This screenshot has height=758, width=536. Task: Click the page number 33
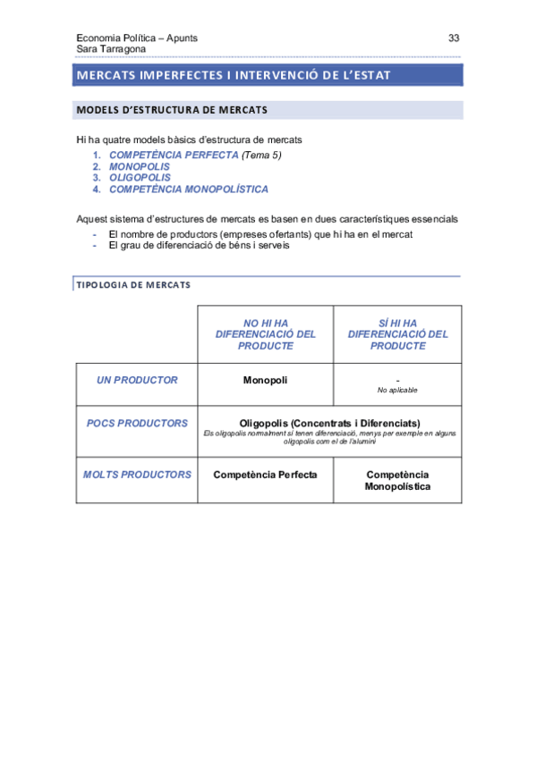(454, 38)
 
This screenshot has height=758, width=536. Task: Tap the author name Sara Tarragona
(111, 49)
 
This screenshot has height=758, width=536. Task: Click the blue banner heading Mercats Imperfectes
(234, 75)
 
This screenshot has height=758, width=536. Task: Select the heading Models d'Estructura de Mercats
(173, 110)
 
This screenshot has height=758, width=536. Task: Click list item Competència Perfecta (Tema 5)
(194, 155)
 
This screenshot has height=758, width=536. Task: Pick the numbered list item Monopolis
(139, 166)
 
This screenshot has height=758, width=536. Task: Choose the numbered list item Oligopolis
(140, 178)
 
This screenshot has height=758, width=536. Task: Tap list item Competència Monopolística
(188, 189)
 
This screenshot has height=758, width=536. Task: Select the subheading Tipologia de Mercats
(133, 285)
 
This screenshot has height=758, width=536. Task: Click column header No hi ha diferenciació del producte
(266, 334)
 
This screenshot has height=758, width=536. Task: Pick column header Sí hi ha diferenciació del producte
(397, 334)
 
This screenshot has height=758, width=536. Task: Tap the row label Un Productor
(137, 380)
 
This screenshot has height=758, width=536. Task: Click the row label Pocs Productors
(137, 423)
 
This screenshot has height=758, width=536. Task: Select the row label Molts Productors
(137, 475)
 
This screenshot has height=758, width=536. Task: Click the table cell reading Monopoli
(265, 380)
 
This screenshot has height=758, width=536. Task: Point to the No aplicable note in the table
(397, 391)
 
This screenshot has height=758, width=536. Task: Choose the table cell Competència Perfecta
(265, 475)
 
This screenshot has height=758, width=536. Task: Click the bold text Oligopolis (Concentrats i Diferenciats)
(330, 423)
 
